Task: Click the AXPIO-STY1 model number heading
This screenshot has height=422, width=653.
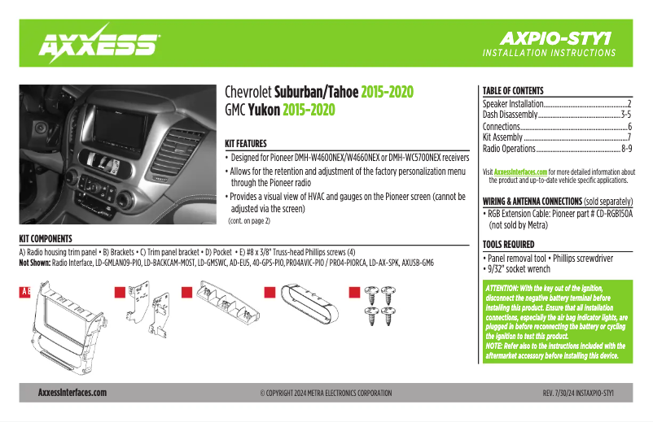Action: (558, 38)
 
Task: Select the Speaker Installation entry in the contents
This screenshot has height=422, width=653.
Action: (513, 105)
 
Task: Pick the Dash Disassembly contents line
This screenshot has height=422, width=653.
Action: (513, 115)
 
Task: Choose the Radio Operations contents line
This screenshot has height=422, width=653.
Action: (513, 149)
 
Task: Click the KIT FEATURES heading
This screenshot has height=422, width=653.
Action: (246, 142)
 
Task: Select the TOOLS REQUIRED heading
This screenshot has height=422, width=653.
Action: (509, 245)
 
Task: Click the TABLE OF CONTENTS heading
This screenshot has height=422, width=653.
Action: (513, 91)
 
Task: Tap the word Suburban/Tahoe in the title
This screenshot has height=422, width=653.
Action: (316, 92)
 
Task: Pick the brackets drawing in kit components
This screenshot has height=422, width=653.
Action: (147, 313)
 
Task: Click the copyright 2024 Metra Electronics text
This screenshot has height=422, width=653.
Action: (326, 393)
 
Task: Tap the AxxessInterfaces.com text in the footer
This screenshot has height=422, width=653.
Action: (72, 393)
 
